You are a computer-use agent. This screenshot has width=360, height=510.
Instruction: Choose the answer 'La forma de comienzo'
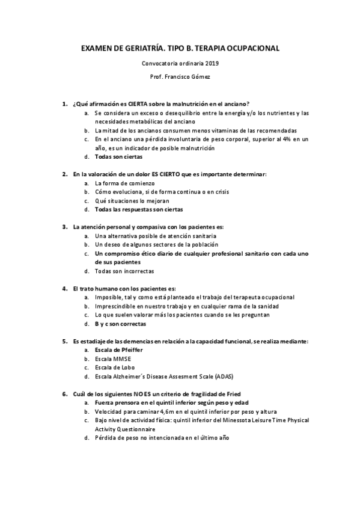pos(124,183)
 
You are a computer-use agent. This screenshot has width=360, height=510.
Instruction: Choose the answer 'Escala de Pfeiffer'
pos(120,350)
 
